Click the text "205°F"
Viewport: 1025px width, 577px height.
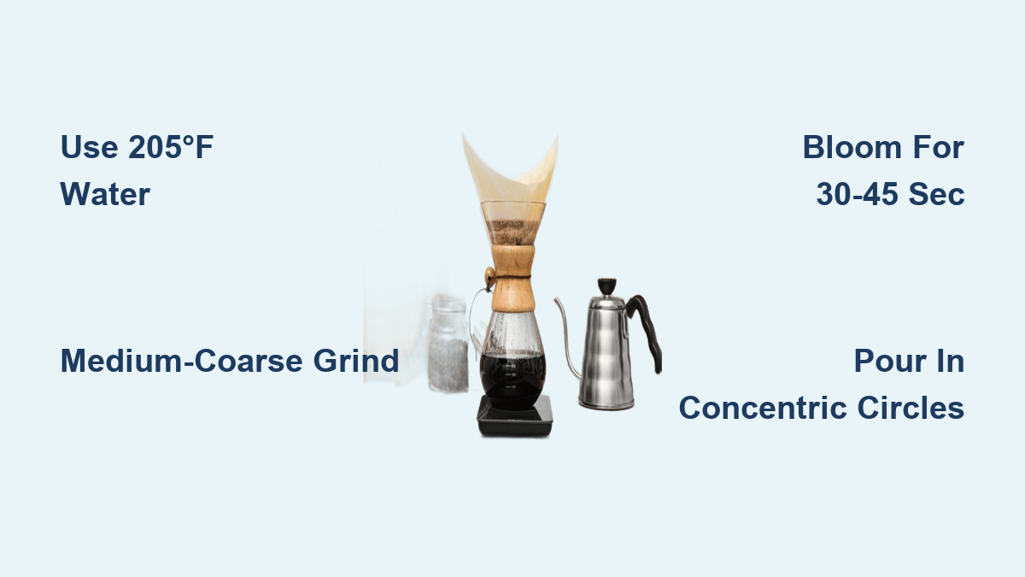tap(171, 147)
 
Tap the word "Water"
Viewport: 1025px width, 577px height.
tap(105, 194)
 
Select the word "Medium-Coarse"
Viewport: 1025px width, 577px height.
tap(182, 361)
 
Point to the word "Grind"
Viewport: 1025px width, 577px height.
tap(356, 361)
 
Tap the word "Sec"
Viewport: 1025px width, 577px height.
tap(936, 194)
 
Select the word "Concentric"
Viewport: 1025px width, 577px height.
tap(763, 408)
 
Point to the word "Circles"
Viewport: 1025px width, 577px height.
tap(911, 408)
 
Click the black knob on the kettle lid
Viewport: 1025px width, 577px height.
tap(606, 286)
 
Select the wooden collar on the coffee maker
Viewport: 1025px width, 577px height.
tap(512, 278)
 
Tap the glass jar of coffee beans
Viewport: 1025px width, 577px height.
tap(448, 344)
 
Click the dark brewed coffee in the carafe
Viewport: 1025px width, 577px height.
tap(512, 378)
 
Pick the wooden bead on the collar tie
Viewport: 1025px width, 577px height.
tap(489, 277)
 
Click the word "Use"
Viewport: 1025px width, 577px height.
tap(89, 147)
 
